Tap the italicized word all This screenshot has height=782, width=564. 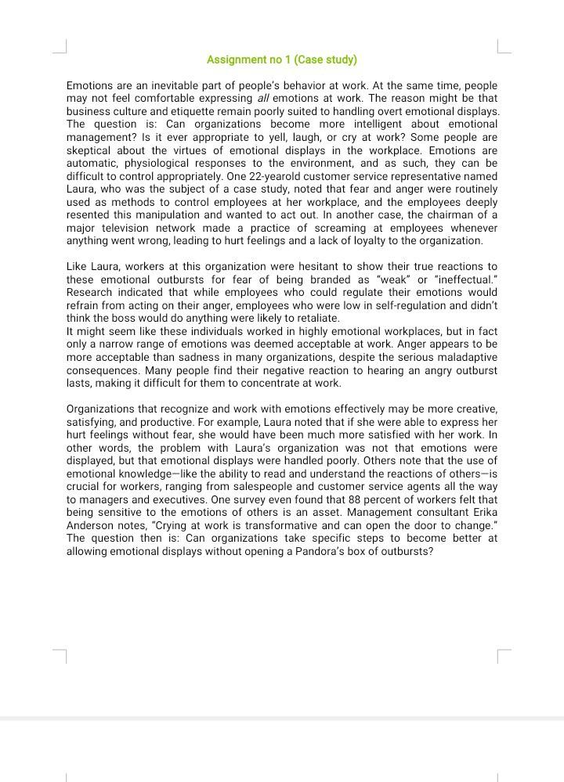(x=262, y=99)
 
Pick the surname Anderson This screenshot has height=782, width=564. (x=90, y=525)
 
